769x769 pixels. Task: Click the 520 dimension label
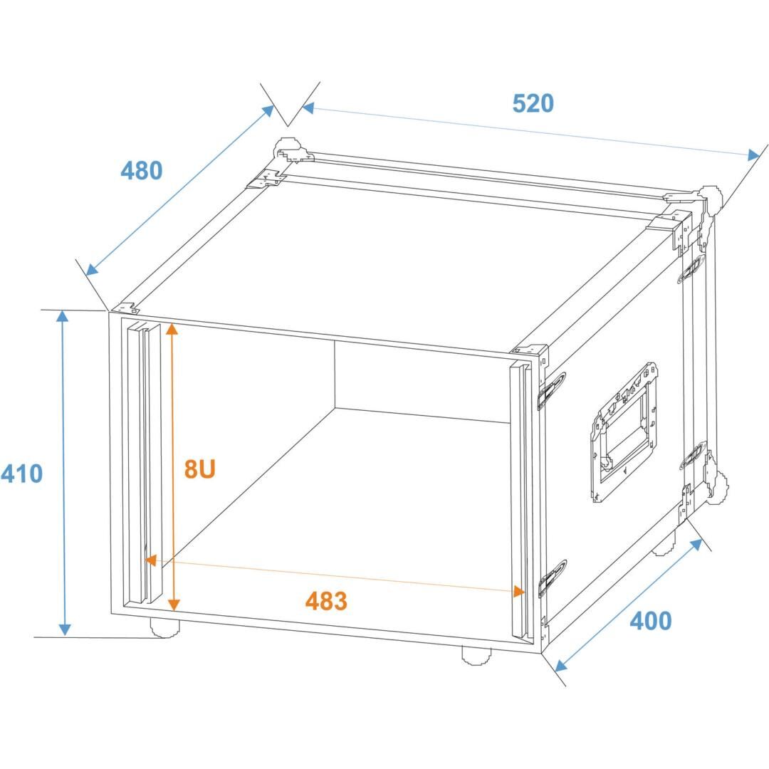[533, 103]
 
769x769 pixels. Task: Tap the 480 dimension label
[141, 171]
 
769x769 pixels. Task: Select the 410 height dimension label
[22, 474]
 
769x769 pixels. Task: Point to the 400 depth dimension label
[650, 621]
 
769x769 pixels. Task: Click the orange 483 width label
[326, 601]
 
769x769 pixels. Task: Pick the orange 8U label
[199, 469]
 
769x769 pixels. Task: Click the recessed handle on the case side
[624, 431]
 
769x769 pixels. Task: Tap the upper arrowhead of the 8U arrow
[172, 329]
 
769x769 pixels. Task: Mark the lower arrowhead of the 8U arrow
[174, 605]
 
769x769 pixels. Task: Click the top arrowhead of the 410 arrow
[62, 317]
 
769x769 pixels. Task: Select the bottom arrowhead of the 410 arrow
[65, 629]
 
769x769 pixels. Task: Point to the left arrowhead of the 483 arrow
[150, 560]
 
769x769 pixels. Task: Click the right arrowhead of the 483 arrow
[518, 591]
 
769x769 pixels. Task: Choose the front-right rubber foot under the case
[476, 656]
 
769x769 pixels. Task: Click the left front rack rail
[143, 464]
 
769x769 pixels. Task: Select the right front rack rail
[521, 501]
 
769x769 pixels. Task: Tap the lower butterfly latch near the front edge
[552, 578]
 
